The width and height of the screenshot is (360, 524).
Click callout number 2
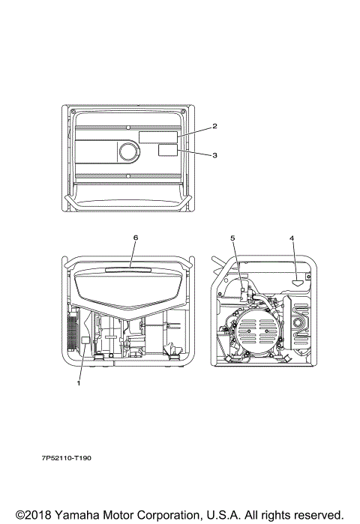tap(214, 126)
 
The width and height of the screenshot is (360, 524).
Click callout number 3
tap(214, 155)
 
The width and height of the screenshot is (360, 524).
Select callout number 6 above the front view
tap(136, 238)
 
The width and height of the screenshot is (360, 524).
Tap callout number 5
tap(232, 238)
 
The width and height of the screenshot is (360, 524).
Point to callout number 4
tap(292, 238)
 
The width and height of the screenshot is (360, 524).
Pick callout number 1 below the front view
tap(79, 383)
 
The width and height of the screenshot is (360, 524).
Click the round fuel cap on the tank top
tap(129, 151)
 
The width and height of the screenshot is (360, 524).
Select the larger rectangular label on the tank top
tap(158, 137)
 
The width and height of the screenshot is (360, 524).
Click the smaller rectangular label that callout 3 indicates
tap(168, 151)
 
